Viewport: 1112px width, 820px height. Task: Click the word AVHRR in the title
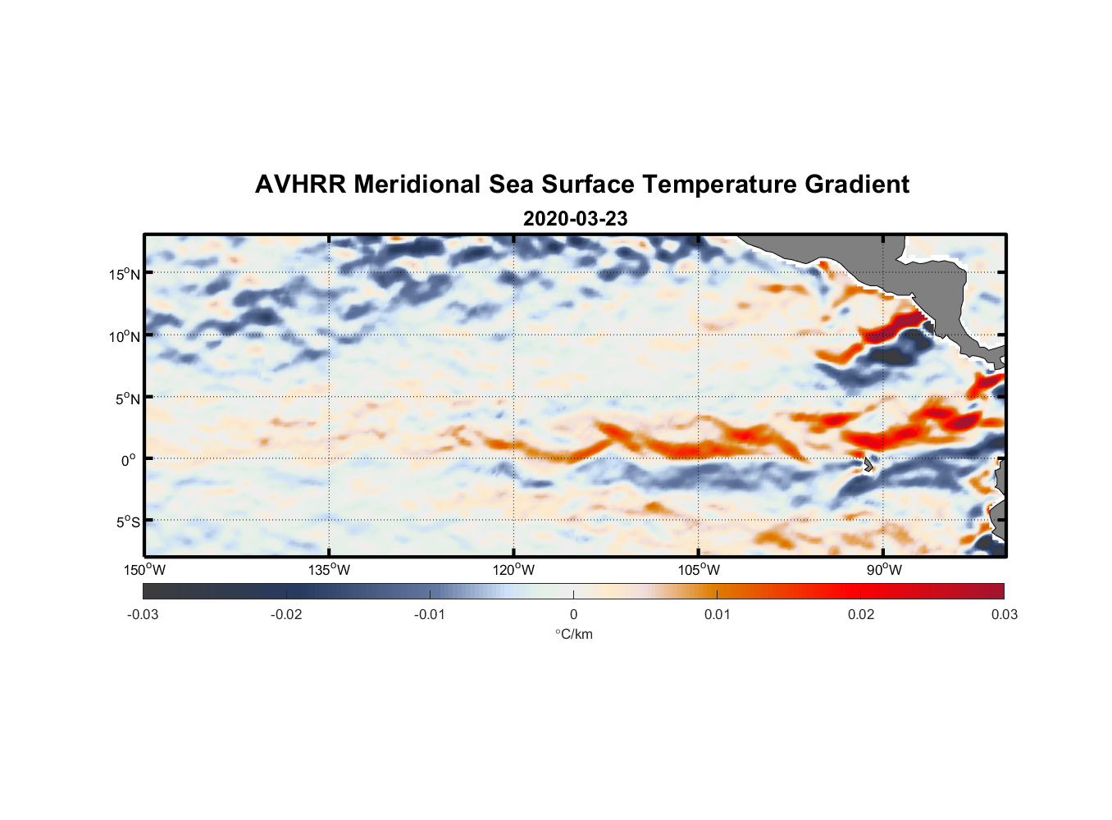point(300,184)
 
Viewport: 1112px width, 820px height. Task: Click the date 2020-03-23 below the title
point(575,219)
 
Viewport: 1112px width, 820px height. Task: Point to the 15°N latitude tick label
point(125,274)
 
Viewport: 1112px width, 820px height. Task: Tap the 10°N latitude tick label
point(125,336)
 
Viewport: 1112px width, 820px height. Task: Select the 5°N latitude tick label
point(127,399)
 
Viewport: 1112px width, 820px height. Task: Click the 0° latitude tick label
point(129,461)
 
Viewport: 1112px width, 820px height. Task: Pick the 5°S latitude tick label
point(127,522)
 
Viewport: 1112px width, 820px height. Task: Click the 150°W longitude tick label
point(145,570)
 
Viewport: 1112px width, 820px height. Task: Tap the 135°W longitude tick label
point(330,570)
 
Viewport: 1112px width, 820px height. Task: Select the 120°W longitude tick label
point(514,570)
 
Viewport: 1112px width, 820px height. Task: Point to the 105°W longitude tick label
point(699,570)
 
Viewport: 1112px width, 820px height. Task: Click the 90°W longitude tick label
point(884,570)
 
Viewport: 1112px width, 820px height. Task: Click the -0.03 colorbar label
point(143,614)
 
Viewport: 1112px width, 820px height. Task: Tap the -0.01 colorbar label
point(430,614)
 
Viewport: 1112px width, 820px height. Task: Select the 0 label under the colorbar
point(573,614)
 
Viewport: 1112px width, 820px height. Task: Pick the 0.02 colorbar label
point(860,614)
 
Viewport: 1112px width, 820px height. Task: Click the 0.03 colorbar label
point(1004,614)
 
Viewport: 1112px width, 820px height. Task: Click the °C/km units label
point(573,634)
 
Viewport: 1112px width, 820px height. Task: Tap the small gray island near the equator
point(867,464)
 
